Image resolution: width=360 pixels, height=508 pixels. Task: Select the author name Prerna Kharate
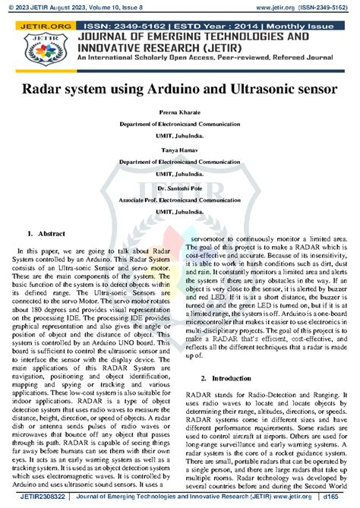click(180, 112)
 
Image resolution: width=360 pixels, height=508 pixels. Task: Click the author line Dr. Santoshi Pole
click(180, 187)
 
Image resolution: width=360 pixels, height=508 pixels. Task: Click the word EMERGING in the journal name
click(174, 36)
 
